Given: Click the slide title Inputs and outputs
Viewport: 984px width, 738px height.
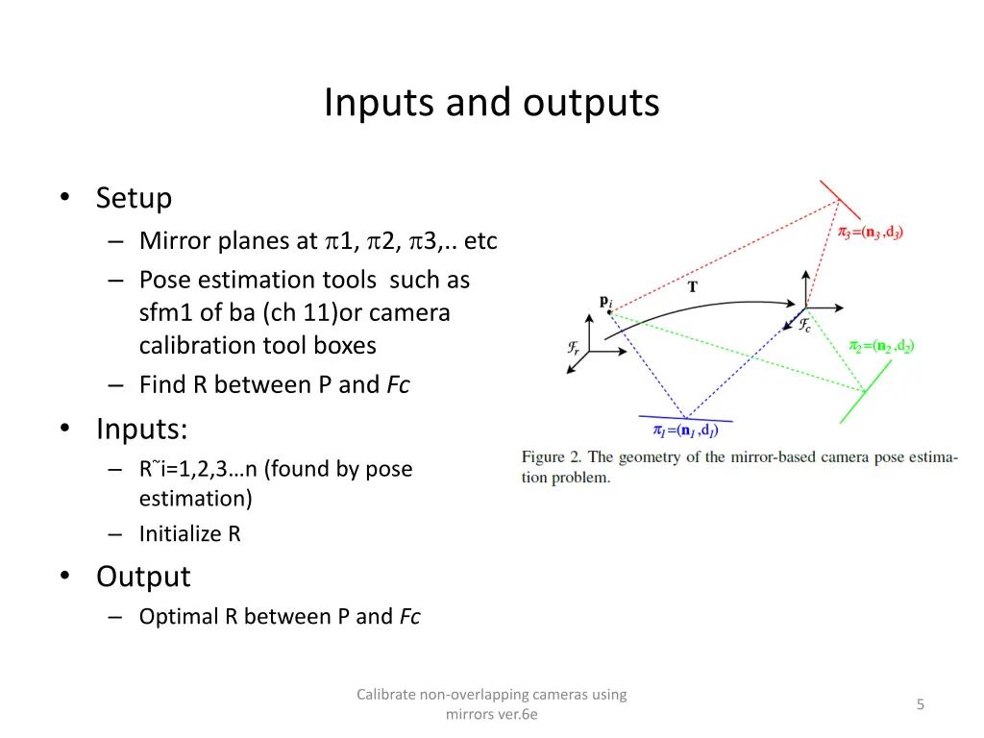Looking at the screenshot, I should (x=491, y=102).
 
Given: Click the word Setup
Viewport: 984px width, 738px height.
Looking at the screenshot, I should (x=134, y=198).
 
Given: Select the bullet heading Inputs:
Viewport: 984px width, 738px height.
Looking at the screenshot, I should (x=141, y=428).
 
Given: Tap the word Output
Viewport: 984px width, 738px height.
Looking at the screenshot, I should (x=143, y=577).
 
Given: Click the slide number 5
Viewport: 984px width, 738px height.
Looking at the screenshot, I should (x=920, y=704).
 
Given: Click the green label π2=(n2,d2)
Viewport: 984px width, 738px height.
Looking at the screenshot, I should (x=880, y=346).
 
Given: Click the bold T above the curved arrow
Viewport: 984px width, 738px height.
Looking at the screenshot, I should (x=693, y=285).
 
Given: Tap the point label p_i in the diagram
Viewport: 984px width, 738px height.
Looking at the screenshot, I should (x=605, y=301).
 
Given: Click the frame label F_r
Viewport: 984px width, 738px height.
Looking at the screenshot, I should (x=574, y=348).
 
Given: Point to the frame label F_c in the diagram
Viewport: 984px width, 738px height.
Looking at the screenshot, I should (x=805, y=326).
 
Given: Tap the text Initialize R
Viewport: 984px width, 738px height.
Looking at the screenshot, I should (x=189, y=533).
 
